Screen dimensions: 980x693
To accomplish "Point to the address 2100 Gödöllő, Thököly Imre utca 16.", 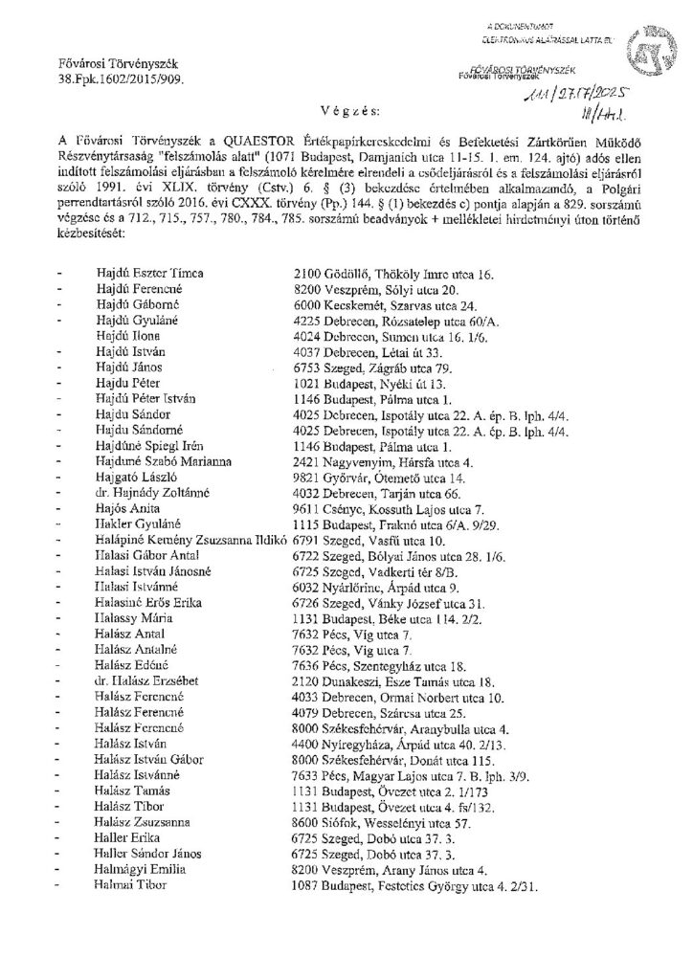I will coord(391,275).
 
